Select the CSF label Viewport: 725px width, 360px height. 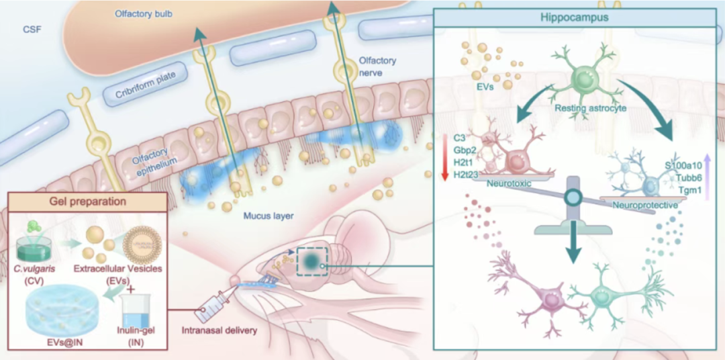(x=32, y=30)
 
